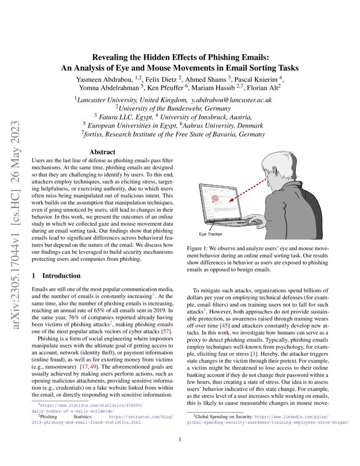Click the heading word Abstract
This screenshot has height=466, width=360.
(x=102, y=152)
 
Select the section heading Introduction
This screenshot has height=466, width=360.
(x=61, y=276)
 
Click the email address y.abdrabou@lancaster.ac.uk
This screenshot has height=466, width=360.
(x=232, y=100)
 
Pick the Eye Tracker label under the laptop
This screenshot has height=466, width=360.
(x=210, y=234)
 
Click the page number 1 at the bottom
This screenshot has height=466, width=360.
(x=180, y=439)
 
